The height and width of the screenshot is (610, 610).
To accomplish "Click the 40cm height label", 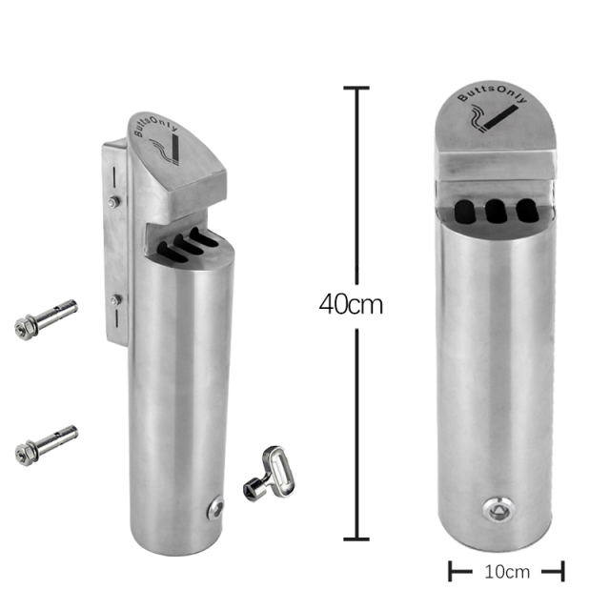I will click(x=351, y=305).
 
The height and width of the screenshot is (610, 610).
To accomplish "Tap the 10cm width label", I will click(x=505, y=572).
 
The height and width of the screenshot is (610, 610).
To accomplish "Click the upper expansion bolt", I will click(x=46, y=318).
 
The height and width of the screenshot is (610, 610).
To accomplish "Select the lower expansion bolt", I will click(x=46, y=446).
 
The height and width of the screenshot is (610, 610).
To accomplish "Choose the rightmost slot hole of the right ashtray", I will click(x=525, y=211).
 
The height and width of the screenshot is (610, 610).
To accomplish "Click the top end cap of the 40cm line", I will click(x=356, y=89).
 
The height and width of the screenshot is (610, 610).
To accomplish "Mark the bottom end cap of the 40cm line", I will click(x=356, y=539).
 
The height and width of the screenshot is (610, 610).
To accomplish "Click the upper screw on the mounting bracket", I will click(x=114, y=201).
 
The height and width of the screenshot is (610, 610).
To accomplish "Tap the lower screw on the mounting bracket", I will click(x=115, y=300).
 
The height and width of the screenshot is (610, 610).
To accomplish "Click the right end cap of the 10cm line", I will click(x=563, y=572).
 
